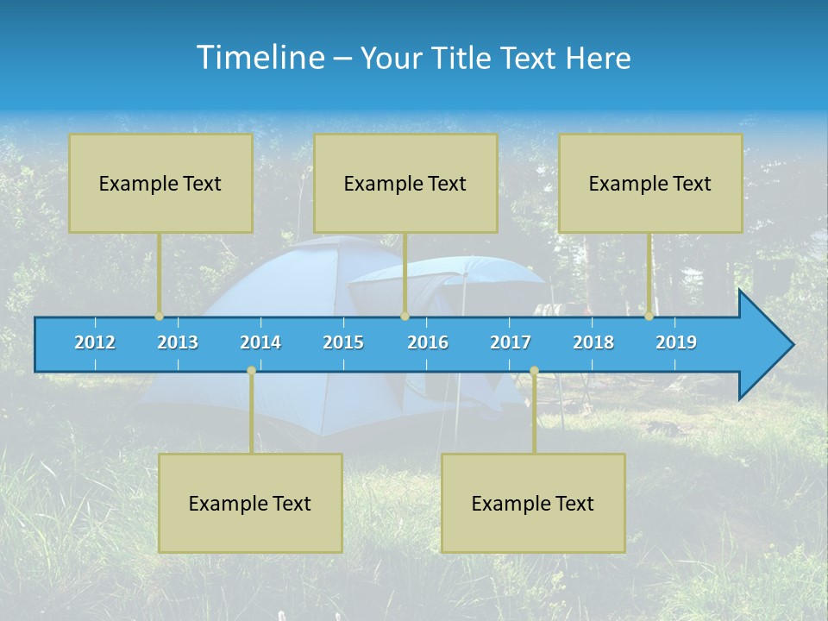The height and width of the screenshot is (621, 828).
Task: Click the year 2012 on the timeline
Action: click(x=95, y=342)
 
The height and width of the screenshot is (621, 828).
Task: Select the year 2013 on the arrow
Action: click(x=178, y=342)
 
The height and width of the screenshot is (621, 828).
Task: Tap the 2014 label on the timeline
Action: click(x=260, y=342)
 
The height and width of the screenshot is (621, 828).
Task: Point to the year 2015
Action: click(x=343, y=342)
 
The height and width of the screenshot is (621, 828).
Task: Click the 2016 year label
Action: click(x=428, y=342)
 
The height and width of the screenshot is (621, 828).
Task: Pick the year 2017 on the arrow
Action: click(x=511, y=342)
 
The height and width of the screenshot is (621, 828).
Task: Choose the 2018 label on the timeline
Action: click(x=593, y=342)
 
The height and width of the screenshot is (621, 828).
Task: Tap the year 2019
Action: click(x=676, y=342)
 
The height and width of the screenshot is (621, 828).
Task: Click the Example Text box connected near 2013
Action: click(x=160, y=184)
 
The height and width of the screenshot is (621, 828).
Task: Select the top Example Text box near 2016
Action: click(x=405, y=184)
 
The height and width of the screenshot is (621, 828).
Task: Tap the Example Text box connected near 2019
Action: click(x=650, y=184)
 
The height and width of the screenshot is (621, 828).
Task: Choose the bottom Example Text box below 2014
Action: click(x=250, y=504)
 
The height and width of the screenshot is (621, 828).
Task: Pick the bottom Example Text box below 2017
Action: click(x=533, y=504)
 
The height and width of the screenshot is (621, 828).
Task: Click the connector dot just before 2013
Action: click(x=160, y=317)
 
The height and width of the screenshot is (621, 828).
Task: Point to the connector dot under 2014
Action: click(x=251, y=371)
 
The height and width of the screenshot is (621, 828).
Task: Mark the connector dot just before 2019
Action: click(x=649, y=317)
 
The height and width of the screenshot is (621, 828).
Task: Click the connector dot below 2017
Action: click(x=534, y=371)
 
